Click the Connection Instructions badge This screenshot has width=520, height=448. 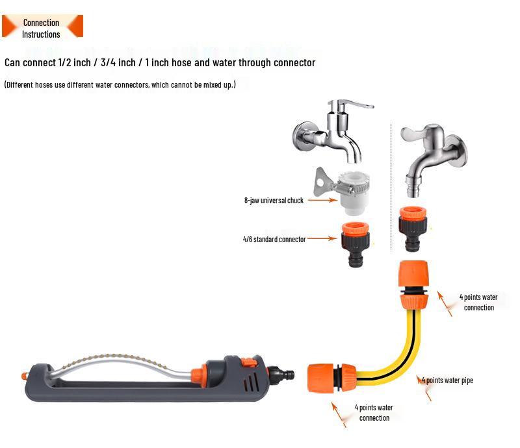pyautogui.click(x=42, y=27)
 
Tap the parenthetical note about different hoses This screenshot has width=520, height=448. pyautogui.click(x=120, y=85)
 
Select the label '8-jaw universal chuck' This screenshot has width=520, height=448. pyautogui.click(x=274, y=201)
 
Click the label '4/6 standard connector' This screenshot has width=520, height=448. pyautogui.click(x=274, y=240)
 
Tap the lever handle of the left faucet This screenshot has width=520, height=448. pyautogui.click(x=355, y=106)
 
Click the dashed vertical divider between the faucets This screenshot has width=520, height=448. pyautogui.click(x=391, y=188)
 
